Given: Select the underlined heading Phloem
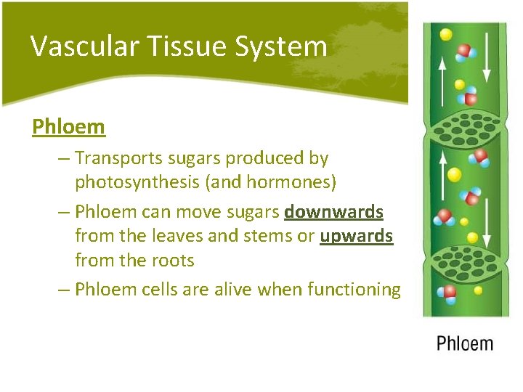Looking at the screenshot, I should tap(69, 127).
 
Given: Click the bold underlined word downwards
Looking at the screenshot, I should tap(333, 212).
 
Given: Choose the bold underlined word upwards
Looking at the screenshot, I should tap(356, 237).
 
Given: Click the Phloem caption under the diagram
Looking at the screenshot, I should tap(465, 343).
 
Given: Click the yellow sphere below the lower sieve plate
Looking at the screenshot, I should tap(477, 290).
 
